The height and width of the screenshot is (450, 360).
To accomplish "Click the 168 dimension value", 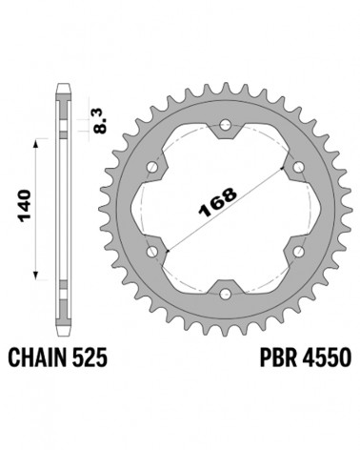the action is [x=217, y=201].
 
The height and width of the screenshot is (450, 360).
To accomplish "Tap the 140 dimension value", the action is [x=25, y=206].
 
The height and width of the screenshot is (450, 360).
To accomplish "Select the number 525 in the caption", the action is [x=90, y=358].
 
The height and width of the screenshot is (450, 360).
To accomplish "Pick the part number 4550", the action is [x=327, y=358].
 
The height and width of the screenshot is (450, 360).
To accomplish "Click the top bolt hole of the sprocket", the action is [x=226, y=125].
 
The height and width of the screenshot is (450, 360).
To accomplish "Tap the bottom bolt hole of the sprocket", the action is [x=226, y=294].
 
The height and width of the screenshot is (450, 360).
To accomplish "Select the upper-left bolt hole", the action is [x=152, y=167].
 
